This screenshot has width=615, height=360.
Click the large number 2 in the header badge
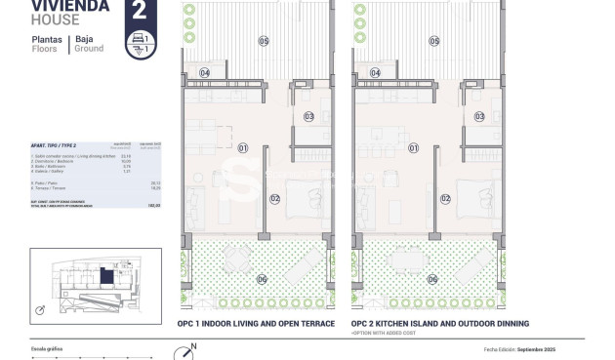(139, 13)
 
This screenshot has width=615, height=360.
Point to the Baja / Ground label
(89, 44)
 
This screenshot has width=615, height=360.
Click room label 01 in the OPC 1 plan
(243, 148)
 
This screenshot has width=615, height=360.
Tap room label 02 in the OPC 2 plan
(445, 199)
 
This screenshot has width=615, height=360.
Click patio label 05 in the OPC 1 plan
(263, 40)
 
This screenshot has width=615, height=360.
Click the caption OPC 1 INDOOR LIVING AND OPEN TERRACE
(256, 323)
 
